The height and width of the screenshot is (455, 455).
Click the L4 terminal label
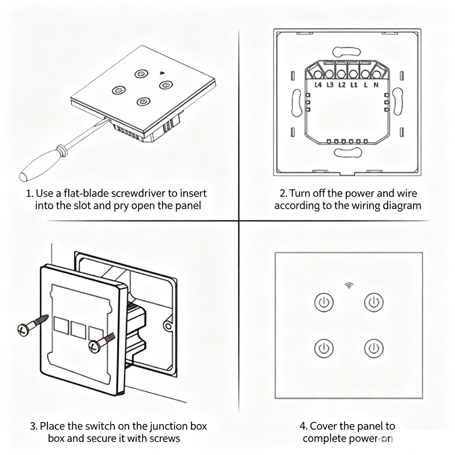click(318, 85)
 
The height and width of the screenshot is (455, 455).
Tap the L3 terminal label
click(330, 85)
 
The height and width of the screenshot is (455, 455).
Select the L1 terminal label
click(354, 85)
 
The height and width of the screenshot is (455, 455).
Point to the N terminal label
click(376, 85)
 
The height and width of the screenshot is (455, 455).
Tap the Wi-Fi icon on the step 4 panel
click(349, 286)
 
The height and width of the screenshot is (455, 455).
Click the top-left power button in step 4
click(324, 303)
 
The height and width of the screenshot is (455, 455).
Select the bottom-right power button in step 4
click(374, 348)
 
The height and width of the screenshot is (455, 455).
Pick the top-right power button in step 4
click(374, 303)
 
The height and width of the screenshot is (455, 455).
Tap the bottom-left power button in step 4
click(324, 348)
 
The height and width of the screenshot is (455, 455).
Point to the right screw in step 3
click(102, 343)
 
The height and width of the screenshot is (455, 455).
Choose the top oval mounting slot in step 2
click(346, 52)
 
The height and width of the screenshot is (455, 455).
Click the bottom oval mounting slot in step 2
click(348, 152)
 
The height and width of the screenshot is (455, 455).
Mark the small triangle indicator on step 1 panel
click(162, 73)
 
